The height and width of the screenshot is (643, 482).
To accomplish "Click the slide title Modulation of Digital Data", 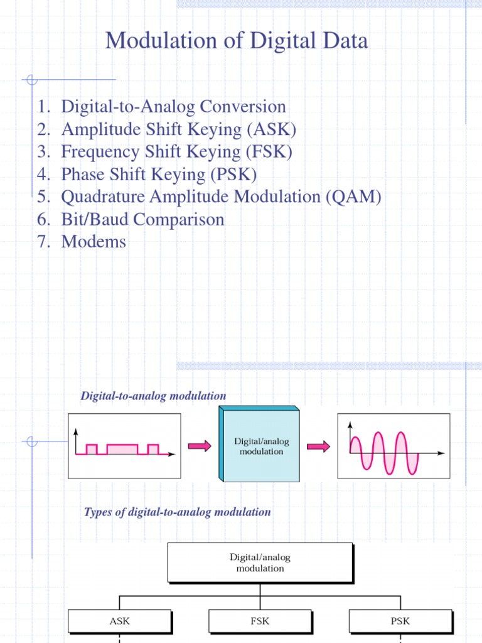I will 237,41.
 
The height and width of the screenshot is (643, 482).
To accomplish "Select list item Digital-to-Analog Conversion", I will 173,107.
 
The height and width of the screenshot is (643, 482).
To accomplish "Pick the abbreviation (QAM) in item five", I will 353,197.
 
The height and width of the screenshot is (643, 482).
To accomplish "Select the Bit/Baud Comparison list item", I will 142,220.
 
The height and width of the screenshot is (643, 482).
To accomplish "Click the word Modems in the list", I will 94,242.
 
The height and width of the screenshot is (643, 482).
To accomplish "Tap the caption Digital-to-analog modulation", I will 153,396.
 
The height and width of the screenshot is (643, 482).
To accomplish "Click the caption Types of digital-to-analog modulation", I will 178,512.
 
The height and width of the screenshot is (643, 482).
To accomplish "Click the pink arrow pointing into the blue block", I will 200,446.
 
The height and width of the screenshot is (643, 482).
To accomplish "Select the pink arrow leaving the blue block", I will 318,446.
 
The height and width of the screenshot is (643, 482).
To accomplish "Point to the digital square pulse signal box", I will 124,446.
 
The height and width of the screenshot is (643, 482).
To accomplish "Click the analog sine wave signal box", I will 394,446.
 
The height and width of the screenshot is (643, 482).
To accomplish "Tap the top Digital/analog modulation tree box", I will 260,563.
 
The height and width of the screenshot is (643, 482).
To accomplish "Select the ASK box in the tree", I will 119,621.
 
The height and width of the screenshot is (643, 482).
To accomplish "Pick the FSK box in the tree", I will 260,621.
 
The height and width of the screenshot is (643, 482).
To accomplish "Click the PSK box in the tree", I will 400,621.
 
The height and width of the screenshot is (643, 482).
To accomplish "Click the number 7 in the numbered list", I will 43,242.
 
